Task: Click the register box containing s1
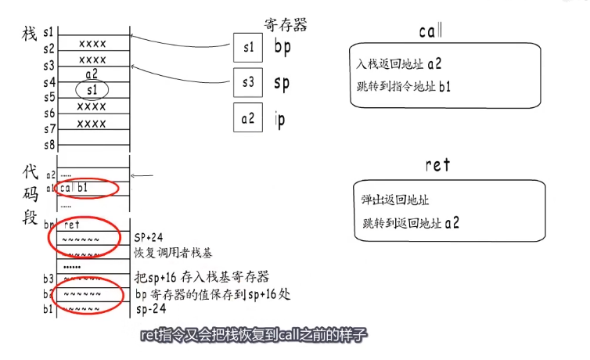(x=249, y=48)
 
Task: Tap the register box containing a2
(x=249, y=118)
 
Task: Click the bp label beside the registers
(x=282, y=48)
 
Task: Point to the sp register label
(x=282, y=82)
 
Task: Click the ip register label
(x=280, y=119)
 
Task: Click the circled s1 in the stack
(x=92, y=90)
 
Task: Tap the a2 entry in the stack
(x=92, y=74)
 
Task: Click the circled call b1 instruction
(x=78, y=189)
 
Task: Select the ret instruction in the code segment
(x=72, y=224)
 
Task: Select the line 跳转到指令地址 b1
(x=401, y=86)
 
